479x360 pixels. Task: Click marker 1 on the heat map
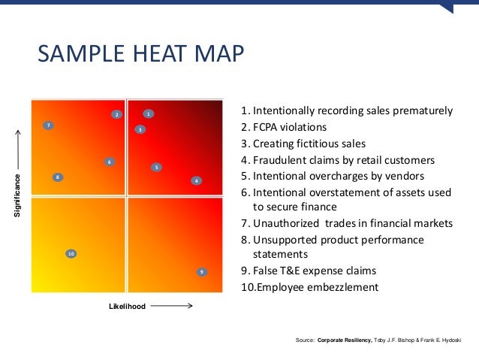(x=149, y=114)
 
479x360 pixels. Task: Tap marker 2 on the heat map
(x=116, y=114)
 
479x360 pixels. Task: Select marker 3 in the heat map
(x=140, y=130)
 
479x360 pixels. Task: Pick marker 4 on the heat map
(x=195, y=180)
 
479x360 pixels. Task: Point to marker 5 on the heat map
(x=155, y=167)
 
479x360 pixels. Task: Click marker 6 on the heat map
(x=109, y=162)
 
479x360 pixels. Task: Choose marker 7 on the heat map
(x=48, y=126)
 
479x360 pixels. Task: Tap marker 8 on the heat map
(x=57, y=177)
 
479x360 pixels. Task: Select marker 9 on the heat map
(x=201, y=271)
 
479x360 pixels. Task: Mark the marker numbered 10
(x=71, y=254)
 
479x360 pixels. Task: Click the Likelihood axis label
(x=127, y=306)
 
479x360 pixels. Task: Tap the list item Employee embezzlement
(x=309, y=287)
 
